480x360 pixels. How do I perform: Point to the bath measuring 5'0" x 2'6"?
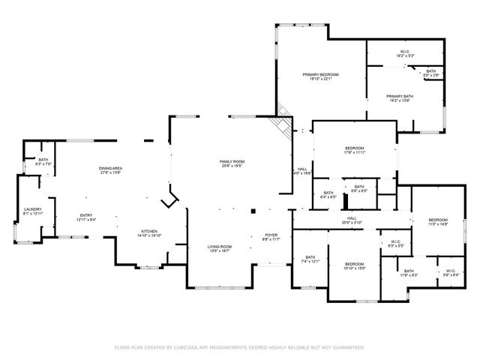pyautogui.click(x=430, y=73)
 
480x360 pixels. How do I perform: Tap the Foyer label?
pyautogui.click(x=271, y=238)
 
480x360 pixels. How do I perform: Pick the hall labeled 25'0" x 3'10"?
pyautogui.click(x=352, y=220)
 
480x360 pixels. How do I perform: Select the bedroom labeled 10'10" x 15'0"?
pyautogui.click(x=354, y=266)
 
